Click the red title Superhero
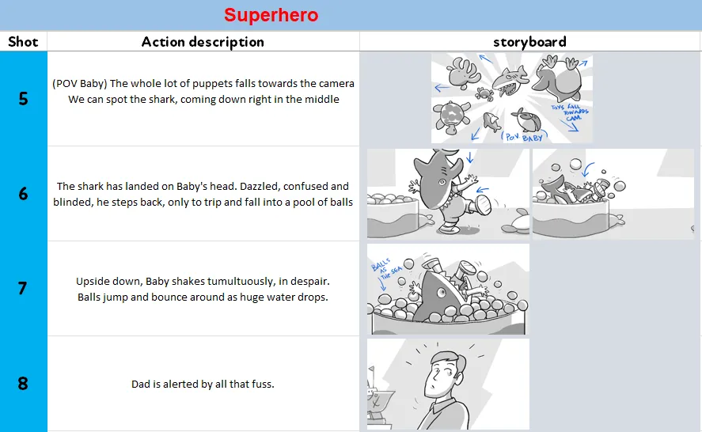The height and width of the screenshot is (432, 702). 271,15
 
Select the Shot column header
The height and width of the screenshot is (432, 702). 23,42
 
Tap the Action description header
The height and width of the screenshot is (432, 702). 203,42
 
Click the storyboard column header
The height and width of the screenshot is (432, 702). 529,42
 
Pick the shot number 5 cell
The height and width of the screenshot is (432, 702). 23,98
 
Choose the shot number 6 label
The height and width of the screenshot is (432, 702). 23,193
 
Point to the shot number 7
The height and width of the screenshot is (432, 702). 23,288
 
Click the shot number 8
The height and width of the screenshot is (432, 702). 23,383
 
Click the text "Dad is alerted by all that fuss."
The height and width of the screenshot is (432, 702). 203,384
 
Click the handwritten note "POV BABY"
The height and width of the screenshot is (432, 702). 524,137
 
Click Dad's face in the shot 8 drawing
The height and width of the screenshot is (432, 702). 442,373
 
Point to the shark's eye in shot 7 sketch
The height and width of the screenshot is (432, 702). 442,294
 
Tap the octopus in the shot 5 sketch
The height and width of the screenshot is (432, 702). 464,73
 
